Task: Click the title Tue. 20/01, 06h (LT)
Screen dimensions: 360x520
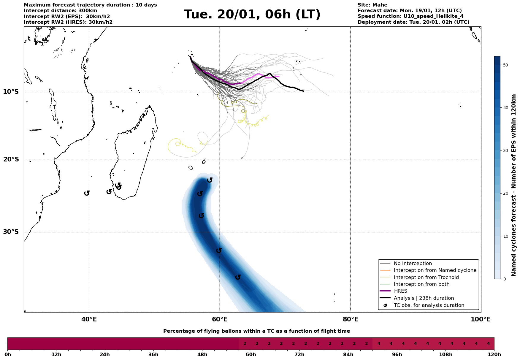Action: click(252, 15)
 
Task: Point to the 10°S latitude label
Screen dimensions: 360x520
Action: click(11, 92)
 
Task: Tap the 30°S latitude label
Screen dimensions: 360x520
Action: click(11, 232)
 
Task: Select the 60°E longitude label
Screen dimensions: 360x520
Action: click(220, 319)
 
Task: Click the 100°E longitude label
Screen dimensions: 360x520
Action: click(481, 319)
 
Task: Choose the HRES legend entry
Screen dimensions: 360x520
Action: click(400, 291)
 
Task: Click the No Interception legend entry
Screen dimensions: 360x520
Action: click(413, 264)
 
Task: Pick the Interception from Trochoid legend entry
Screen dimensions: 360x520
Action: click(426, 277)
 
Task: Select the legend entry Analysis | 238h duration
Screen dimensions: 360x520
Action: click(424, 298)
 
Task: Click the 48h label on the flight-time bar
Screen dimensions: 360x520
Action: click(202, 355)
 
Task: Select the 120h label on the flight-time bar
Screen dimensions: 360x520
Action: click(494, 355)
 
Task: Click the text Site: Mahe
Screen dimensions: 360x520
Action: click(372, 5)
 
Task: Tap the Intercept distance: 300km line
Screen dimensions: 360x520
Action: click(60, 11)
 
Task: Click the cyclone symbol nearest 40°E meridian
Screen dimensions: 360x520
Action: click(87, 193)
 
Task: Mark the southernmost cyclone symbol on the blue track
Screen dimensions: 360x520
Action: click(238, 277)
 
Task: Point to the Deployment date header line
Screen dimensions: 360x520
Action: click(413, 22)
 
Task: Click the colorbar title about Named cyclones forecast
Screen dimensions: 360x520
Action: click(514, 185)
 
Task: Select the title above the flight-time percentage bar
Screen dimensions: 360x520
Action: click(256, 331)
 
